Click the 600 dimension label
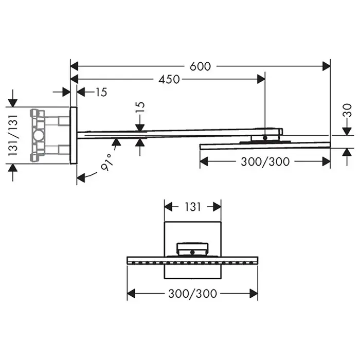(200, 66)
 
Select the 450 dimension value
(169, 79)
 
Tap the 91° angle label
(107, 163)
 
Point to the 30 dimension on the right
(348, 111)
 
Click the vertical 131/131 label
(13, 135)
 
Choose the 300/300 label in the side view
(265, 161)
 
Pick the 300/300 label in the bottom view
(193, 294)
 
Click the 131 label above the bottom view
(193, 207)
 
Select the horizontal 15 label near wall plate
(101, 92)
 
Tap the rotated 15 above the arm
(140, 107)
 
